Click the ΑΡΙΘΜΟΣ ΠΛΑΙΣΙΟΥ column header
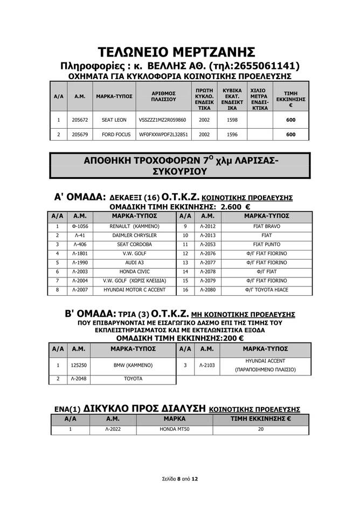coord(163,96)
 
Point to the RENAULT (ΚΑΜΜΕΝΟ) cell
coord(134,226)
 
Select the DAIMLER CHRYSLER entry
coord(134,235)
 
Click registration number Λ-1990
coord(79,262)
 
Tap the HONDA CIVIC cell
coord(134,271)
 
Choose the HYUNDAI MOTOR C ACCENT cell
coord(134,290)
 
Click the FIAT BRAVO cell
coord(267,226)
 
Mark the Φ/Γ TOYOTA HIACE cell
coord(267,290)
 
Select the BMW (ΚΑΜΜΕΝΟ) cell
coord(134,365)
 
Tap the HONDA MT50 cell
coord(175,429)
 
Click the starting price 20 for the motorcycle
coord(261,429)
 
